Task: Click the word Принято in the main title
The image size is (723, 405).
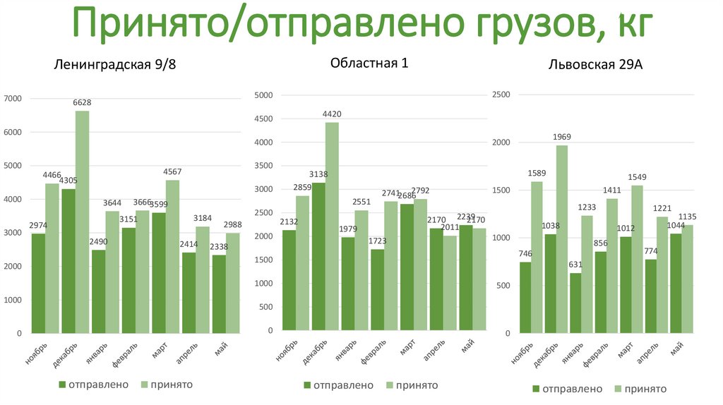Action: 151,25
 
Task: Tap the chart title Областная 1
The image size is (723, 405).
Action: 369,63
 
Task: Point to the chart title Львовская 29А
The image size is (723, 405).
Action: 595,65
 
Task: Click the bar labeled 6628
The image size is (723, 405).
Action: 82,222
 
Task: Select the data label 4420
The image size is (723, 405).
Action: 332,114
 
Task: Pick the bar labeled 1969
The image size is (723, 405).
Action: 562,238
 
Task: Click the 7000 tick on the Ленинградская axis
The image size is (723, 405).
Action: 13,99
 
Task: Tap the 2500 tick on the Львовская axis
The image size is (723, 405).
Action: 500,95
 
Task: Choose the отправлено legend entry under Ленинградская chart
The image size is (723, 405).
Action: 93,385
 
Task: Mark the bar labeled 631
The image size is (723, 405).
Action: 575,303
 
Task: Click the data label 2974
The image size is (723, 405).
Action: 38,225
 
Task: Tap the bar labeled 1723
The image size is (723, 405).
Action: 378,289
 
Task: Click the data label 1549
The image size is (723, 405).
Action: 637,177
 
